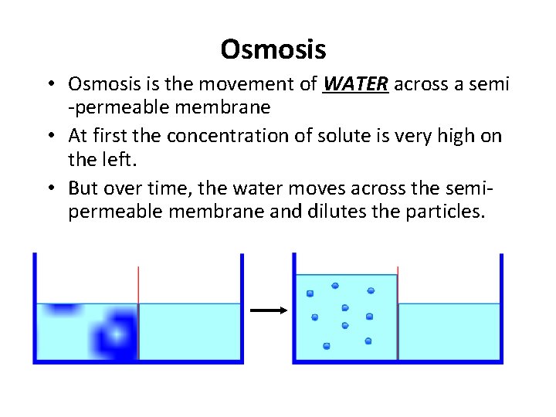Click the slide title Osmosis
[273, 50]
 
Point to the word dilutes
[368, 212]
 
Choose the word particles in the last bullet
[446, 212]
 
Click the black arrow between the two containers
[268, 310]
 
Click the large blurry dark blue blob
[114, 335]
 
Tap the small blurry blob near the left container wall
[58, 309]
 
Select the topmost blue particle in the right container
[335, 286]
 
